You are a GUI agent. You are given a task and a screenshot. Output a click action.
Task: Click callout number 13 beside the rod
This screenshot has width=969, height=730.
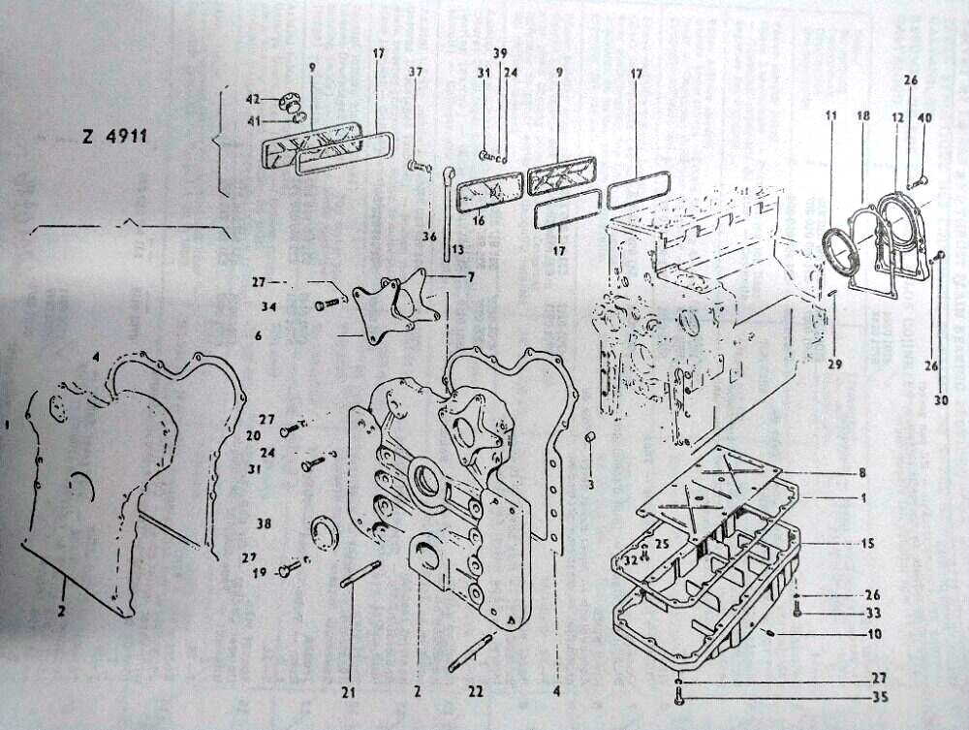coord(457,248)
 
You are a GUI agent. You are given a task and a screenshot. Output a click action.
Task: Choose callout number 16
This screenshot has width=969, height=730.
coord(478,221)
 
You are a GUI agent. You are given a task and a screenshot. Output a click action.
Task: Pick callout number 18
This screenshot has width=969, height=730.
coord(862,115)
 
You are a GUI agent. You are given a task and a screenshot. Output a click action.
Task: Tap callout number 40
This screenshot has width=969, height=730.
coord(924,118)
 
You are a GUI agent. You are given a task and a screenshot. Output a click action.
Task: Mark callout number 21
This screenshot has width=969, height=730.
coord(349,692)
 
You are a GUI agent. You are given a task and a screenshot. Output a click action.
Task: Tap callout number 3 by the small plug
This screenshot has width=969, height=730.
coord(591,483)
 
